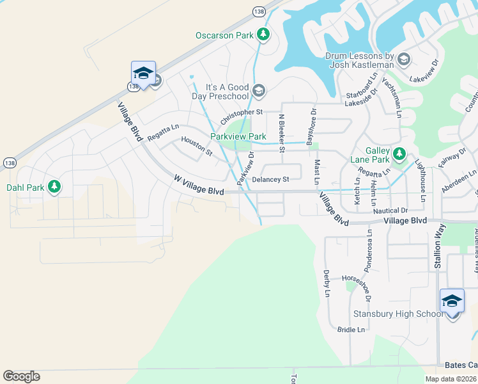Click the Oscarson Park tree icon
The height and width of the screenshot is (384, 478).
[x=263, y=35]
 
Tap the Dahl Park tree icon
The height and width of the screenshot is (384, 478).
[x=55, y=186]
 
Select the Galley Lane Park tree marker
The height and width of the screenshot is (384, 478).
[x=399, y=153]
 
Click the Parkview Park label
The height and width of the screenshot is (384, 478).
[x=238, y=136]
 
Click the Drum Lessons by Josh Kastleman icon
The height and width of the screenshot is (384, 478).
[x=403, y=60]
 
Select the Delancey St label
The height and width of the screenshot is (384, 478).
[x=271, y=180]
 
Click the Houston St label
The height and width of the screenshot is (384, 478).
[x=196, y=147]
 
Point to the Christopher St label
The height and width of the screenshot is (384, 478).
[x=242, y=117]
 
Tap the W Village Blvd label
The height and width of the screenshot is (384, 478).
[x=199, y=187]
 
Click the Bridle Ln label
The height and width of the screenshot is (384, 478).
[x=351, y=330]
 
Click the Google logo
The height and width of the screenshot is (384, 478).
[x=21, y=376]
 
